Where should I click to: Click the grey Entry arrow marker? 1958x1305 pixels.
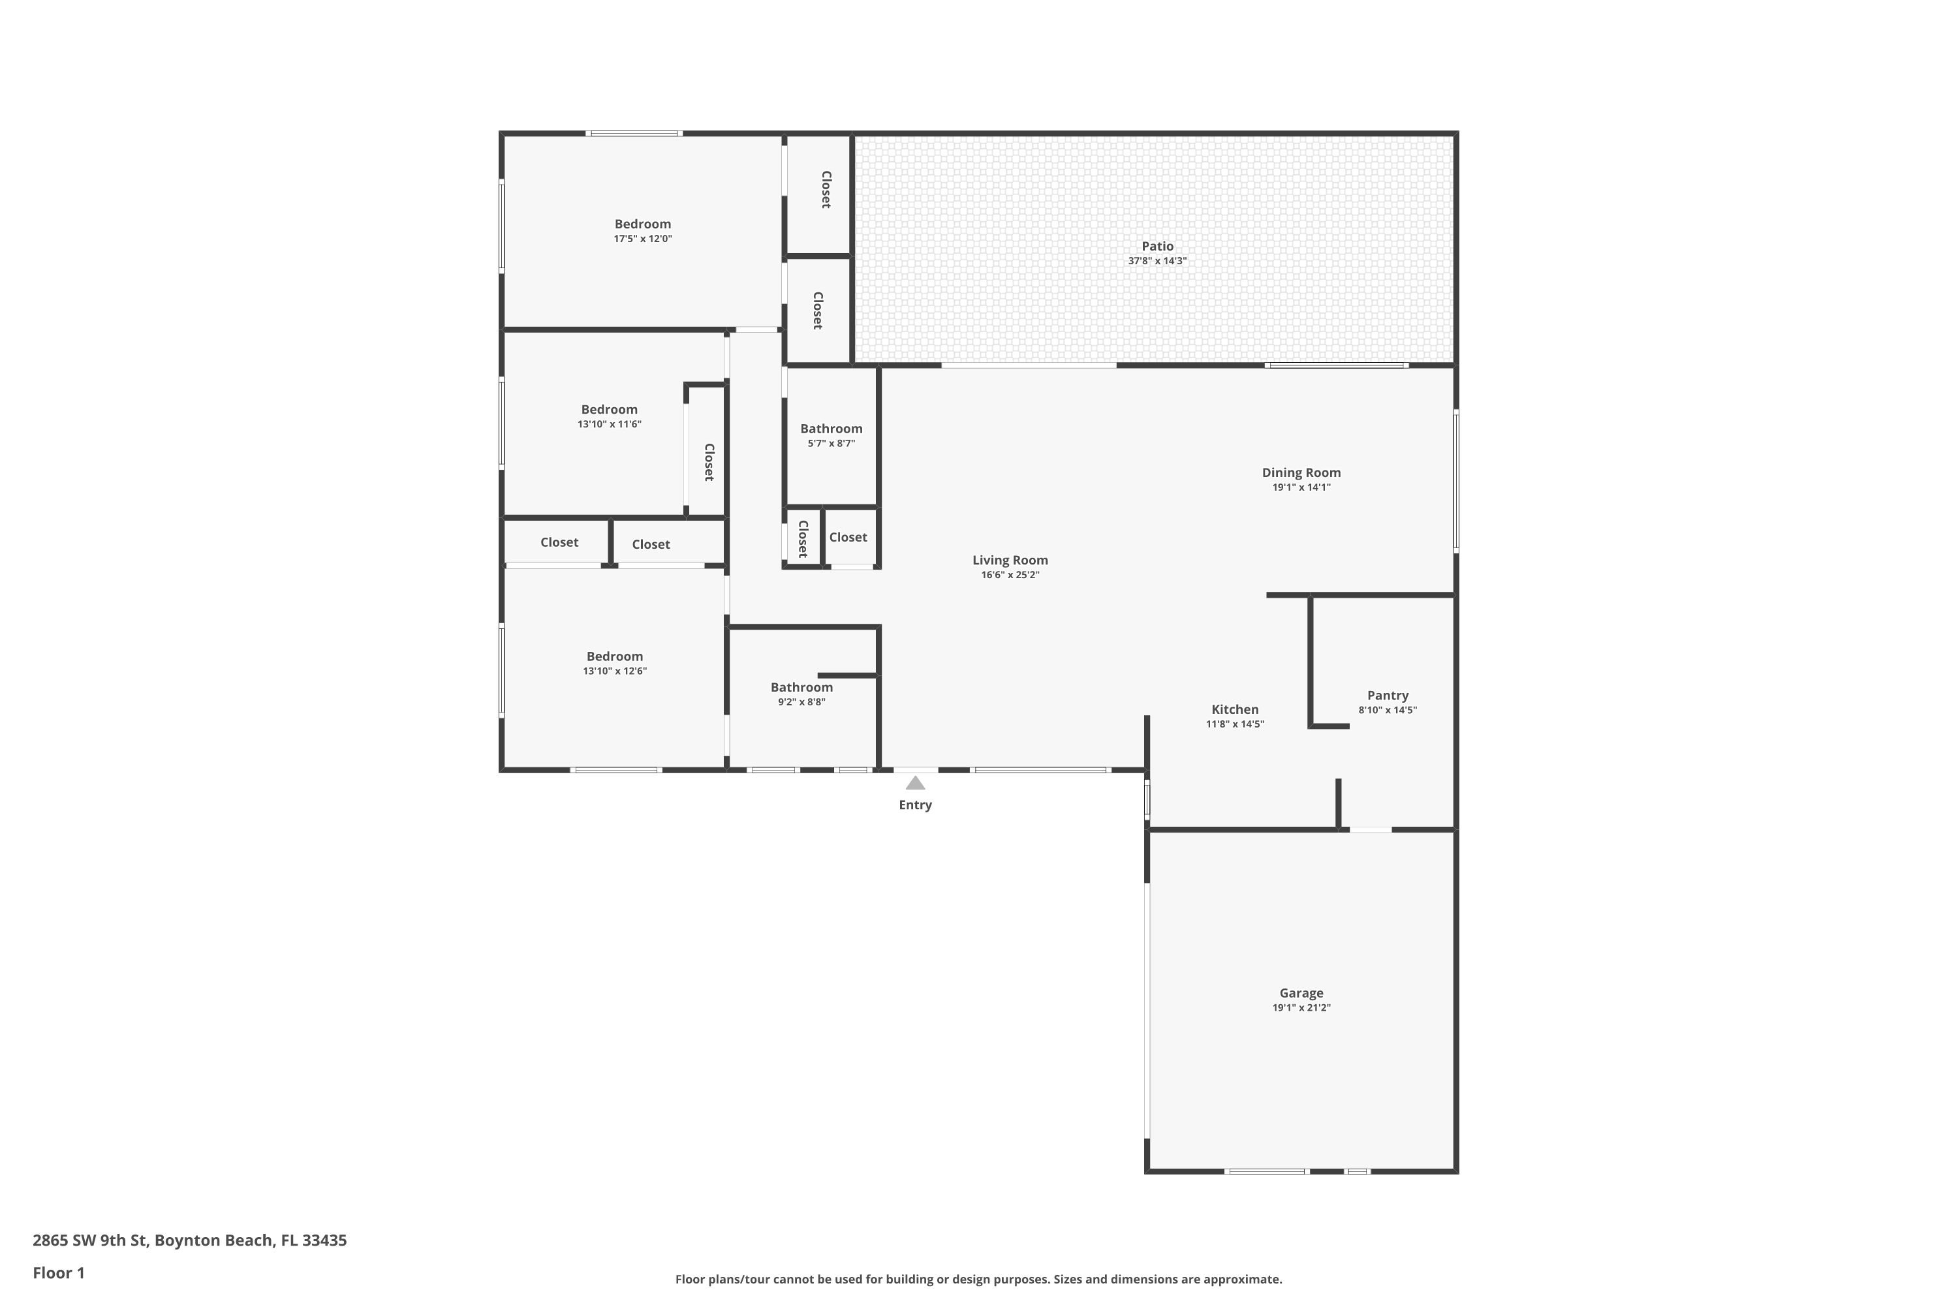pyautogui.click(x=915, y=783)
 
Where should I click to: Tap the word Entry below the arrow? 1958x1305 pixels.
pyautogui.click(x=915, y=805)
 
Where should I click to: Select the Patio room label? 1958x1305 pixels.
pyautogui.click(x=1157, y=247)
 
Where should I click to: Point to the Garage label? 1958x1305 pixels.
pyautogui.click(x=1301, y=993)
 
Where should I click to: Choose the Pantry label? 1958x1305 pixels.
pyautogui.click(x=1388, y=696)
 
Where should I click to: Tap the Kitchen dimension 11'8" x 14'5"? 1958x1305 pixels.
pyautogui.click(x=1235, y=724)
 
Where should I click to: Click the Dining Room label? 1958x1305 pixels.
pyautogui.click(x=1301, y=472)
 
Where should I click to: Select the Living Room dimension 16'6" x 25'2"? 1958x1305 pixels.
pyautogui.click(x=1010, y=575)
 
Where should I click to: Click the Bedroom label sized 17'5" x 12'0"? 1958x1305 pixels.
pyautogui.click(x=643, y=224)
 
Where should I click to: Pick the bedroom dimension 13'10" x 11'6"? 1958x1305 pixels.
pyautogui.click(x=610, y=425)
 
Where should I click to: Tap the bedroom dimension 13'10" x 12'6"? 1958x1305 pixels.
pyautogui.click(x=614, y=671)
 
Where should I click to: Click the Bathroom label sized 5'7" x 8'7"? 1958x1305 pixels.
pyautogui.click(x=831, y=429)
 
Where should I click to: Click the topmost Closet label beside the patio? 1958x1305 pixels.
pyautogui.click(x=826, y=190)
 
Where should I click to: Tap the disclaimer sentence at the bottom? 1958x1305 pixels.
pyautogui.click(x=978, y=1279)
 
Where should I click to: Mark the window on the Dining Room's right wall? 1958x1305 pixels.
pyautogui.click(x=1456, y=480)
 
